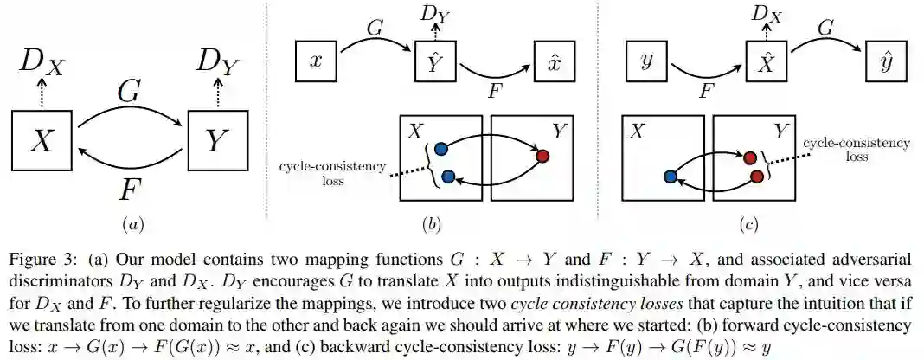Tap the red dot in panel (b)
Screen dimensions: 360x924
542,156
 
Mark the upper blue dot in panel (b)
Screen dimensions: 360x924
440,148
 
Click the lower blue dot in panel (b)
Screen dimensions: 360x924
447,177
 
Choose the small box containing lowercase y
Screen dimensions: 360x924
645,61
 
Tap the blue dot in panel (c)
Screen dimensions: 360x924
670,177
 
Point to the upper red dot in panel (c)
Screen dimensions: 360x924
750,157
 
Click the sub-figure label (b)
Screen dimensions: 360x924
430,225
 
